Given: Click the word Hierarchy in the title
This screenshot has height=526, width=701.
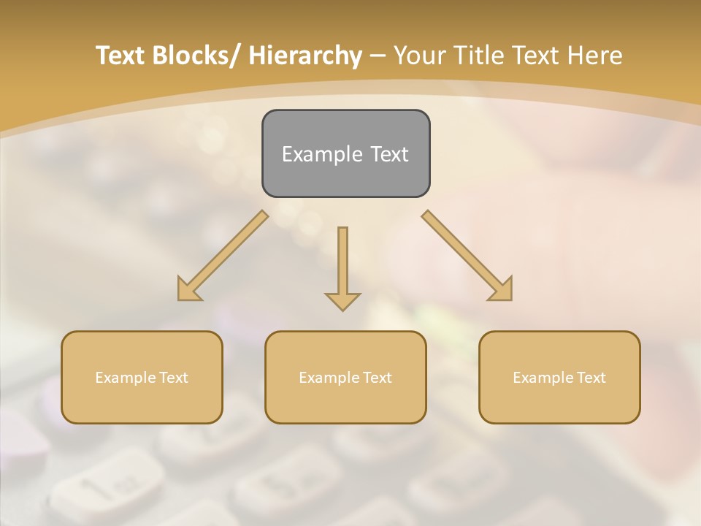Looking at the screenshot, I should pos(305,56).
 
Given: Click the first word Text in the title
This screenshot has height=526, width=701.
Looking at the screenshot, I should pos(120,56).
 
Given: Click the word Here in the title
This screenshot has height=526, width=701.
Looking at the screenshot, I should pos(595,56).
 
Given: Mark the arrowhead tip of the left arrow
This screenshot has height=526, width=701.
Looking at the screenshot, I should pos(179,300).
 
